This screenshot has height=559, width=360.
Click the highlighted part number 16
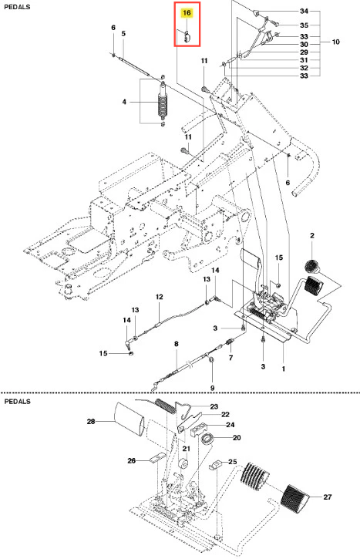tap(187, 13)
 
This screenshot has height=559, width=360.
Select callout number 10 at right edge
tap(336, 42)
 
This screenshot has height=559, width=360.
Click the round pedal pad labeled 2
tap(312, 266)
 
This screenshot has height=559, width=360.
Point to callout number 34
tap(304, 11)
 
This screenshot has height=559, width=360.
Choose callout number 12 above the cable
tap(159, 297)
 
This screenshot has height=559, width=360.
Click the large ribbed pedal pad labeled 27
tap(296, 498)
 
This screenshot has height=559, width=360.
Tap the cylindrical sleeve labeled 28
tap(129, 419)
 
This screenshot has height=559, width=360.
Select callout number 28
tap(91, 422)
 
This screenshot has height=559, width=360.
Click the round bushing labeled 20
tap(207, 439)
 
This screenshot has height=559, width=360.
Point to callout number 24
tap(230, 425)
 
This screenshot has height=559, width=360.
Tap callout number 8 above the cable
tap(176, 344)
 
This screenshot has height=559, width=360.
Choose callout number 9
tap(213, 388)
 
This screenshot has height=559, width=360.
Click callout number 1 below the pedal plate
tap(284, 369)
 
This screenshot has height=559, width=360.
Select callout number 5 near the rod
tap(123, 33)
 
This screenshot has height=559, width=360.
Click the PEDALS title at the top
tap(17, 7)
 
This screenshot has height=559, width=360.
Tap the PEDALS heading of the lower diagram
tap(18, 402)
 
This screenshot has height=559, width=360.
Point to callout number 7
tap(230, 358)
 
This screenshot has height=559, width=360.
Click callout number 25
tap(232, 462)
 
